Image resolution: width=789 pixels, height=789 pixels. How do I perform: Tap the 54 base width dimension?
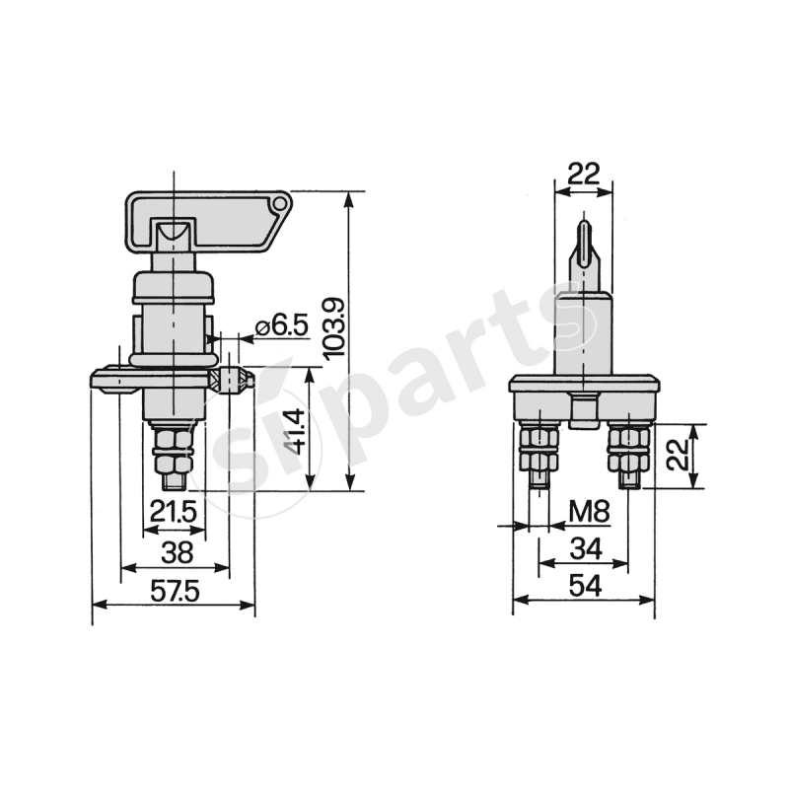[585, 586]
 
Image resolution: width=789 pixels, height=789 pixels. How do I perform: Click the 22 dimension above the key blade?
[584, 174]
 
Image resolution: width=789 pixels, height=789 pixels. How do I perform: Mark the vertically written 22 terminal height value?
[674, 456]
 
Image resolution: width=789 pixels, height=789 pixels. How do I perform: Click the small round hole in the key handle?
[281, 206]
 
